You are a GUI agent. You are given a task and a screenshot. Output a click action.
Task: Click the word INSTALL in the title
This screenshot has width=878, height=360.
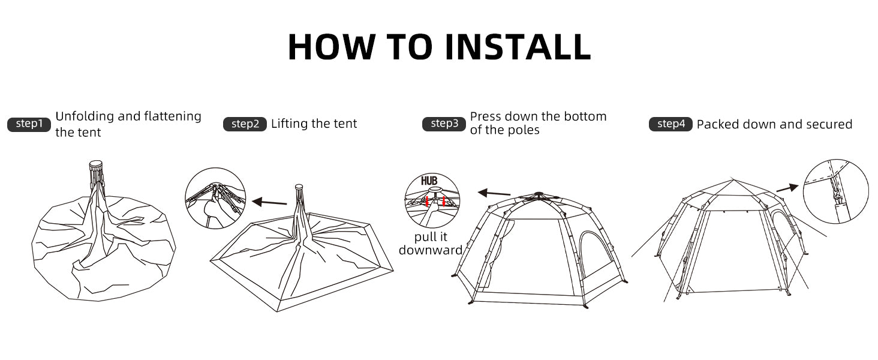point(518,47)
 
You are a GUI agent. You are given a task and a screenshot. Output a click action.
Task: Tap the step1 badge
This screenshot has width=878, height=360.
point(29,124)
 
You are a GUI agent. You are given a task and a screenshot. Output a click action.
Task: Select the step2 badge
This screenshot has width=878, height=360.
point(245,124)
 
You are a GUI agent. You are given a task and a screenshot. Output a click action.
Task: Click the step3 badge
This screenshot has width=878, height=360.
point(444,124)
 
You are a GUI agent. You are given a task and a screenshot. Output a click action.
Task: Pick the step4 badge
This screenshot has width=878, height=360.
point(670,124)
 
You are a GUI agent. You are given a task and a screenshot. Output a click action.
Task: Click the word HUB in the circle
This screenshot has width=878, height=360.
point(429,181)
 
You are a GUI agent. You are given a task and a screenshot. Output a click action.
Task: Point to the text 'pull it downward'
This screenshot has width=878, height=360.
point(431,244)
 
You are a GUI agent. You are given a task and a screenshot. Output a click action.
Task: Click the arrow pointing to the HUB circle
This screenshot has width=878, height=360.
point(494,193)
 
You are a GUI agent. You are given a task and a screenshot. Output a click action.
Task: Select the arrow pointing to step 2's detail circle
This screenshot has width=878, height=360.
point(269,202)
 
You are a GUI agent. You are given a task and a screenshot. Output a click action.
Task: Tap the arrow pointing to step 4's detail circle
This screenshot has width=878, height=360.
point(787,188)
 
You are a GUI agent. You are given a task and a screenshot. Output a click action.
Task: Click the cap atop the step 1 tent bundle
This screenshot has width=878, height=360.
point(96,163)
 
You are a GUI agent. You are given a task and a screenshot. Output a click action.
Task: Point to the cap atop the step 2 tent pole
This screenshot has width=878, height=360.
point(299,187)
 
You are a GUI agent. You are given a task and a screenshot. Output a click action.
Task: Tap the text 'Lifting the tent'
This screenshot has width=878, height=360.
point(314,124)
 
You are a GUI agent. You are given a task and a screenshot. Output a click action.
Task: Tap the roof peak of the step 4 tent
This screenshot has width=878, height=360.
point(733,180)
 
